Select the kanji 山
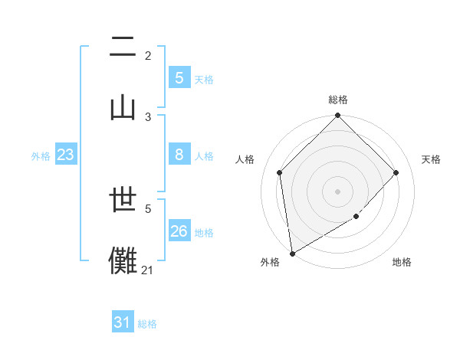click(123, 105)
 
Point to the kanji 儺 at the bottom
click(123, 260)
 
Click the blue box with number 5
click(179, 77)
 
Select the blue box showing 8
click(179, 155)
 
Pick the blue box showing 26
click(179, 231)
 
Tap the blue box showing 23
click(66, 155)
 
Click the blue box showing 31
click(123, 322)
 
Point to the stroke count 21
click(147, 270)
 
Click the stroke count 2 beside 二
click(148, 55)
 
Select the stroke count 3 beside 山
click(148, 116)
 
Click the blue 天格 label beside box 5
click(204, 80)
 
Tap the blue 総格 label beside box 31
click(147, 325)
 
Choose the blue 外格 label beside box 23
click(41, 156)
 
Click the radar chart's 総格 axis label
click(338, 100)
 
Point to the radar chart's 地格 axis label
click(402, 262)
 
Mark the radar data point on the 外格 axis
click(291, 254)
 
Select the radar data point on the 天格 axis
click(396, 172)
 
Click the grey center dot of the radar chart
click(338, 191)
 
